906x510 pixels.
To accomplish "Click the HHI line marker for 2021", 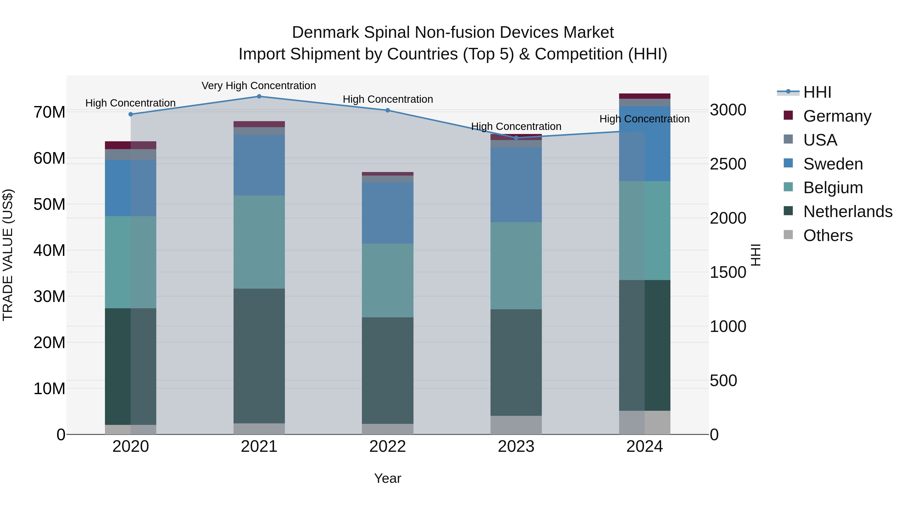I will click(259, 96).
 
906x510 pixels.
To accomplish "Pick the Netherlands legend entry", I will click(848, 212).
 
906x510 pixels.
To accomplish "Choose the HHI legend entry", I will click(817, 92).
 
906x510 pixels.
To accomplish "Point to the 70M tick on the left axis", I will click(49, 112).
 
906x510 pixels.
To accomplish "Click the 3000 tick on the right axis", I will click(728, 110).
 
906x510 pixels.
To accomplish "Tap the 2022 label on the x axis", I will click(388, 447).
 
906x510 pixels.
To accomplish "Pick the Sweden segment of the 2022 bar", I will click(388, 213).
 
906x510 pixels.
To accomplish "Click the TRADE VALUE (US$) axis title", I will click(8, 255).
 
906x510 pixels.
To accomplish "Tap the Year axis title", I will click(388, 478).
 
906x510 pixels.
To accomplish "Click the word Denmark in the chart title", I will click(325, 32).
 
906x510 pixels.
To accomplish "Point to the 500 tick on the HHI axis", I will click(723, 381).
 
